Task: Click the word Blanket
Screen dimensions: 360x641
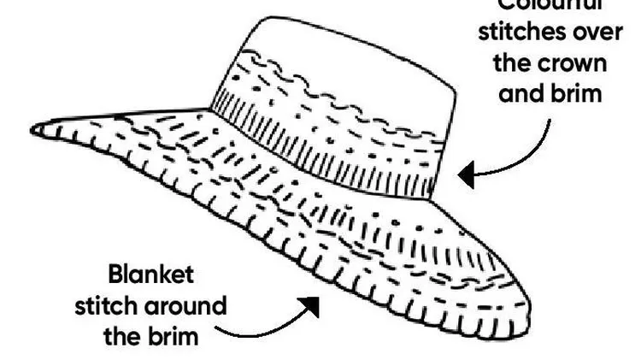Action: coord(150,275)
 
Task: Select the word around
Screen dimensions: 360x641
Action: coord(185,305)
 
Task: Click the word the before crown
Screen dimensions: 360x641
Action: coord(510,62)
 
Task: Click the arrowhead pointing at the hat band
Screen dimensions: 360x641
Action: coord(467,175)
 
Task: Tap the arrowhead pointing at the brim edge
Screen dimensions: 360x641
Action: coord(309,305)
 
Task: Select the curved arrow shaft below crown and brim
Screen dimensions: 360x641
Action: coord(530,154)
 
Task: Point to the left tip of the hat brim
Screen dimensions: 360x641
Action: coord(36,129)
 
